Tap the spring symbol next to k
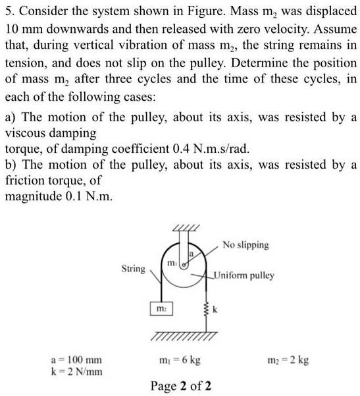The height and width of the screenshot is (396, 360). point(207,308)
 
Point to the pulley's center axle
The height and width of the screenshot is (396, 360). point(186,262)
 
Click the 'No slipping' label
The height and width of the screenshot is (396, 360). point(245,245)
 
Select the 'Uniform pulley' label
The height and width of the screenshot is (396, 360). point(244,275)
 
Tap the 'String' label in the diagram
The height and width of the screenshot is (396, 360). point(134,269)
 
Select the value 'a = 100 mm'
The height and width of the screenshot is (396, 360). point(77,360)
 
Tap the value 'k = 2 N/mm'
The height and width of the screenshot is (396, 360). point(77,372)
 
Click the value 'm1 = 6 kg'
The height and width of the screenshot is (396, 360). point(180,360)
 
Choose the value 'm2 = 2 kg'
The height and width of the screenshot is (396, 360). point(290,360)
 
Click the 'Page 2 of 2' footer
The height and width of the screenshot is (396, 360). point(181,385)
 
